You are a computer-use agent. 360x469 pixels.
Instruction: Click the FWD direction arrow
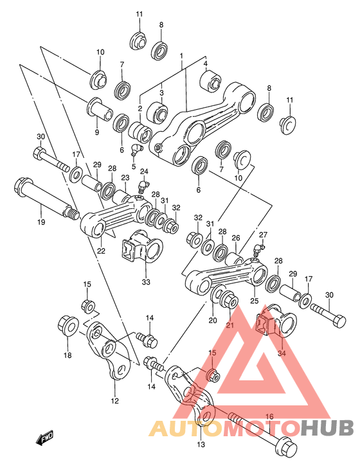pos(46,439)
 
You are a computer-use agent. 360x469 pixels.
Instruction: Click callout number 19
pos(40,223)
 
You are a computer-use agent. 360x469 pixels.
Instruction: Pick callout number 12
pos(115,402)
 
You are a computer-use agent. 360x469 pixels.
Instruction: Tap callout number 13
pos(201,444)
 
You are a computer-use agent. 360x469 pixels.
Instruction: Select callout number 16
pos(269,417)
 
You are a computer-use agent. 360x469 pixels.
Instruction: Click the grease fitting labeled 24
pos(143,187)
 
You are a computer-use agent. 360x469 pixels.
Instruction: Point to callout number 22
pos(101,251)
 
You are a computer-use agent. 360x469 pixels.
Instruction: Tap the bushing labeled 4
pos(211,80)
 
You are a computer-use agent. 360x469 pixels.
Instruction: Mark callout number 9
pos(97,132)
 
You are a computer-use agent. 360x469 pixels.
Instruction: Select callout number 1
pos(182,56)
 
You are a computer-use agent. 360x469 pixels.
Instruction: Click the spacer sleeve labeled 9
pos(99,107)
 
